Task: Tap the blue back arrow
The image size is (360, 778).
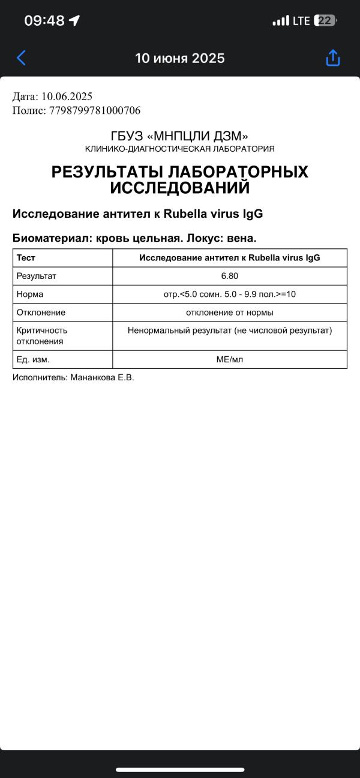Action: [x=21, y=58]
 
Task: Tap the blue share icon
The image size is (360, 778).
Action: [x=333, y=58]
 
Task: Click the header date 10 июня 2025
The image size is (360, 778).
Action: [x=179, y=58]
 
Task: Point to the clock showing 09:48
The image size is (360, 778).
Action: [x=44, y=20]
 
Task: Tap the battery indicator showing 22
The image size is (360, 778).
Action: [x=325, y=20]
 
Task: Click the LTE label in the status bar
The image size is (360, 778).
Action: [x=301, y=21]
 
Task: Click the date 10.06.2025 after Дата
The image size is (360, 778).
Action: [x=67, y=97]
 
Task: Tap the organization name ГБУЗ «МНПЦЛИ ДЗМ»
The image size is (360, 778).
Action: [x=179, y=136]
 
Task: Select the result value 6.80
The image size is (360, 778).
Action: [x=230, y=276]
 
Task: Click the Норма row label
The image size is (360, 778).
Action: [x=30, y=295]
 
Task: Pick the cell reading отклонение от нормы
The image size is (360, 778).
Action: [x=230, y=313]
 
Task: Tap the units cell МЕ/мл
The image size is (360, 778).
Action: [x=230, y=359]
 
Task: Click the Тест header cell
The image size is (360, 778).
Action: [x=26, y=258]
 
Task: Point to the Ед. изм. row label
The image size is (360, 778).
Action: [x=33, y=359]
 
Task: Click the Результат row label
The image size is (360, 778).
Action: [x=36, y=276]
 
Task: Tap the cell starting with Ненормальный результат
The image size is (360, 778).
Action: [x=230, y=331]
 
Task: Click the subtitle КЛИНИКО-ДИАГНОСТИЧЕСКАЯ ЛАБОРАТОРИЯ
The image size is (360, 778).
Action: [x=179, y=149]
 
